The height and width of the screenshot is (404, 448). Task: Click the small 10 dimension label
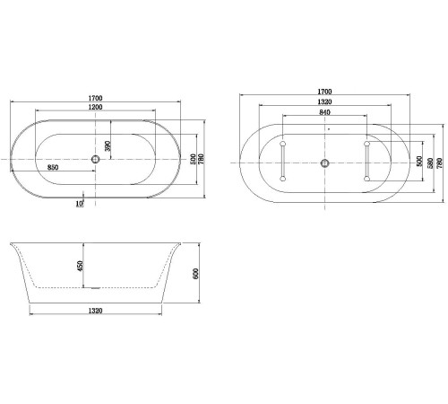click(x=79, y=203)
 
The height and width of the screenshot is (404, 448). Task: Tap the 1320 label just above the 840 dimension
click(x=324, y=103)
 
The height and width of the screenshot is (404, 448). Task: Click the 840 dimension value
click(x=324, y=114)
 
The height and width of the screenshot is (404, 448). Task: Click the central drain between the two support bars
click(x=324, y=163)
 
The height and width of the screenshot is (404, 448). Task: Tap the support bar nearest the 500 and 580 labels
click(x=366, y=162)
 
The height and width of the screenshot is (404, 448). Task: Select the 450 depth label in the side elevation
click(x=81, y=267)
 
